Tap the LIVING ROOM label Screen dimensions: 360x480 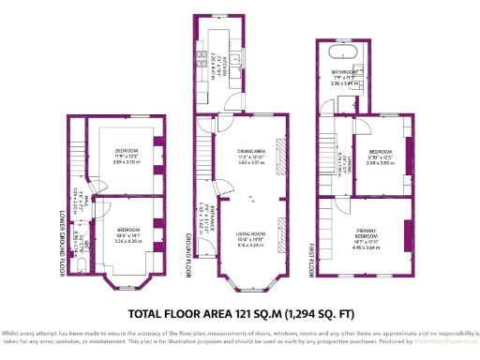pyautogui.click(x=250, y=233)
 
